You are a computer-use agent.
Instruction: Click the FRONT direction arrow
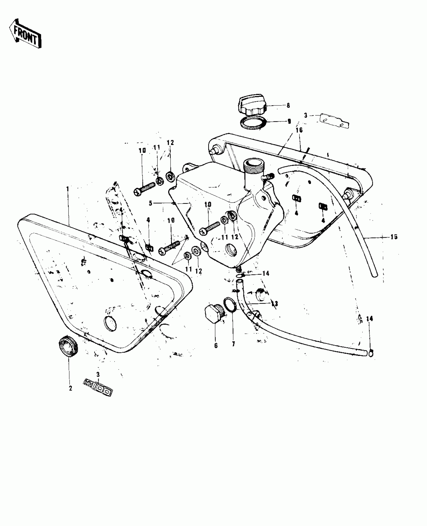[x=25, y=34]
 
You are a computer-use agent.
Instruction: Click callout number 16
[x=299, y=130]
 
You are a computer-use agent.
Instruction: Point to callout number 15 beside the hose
[x=394, y=237]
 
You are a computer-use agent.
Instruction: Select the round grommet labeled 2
[x=68, y=346]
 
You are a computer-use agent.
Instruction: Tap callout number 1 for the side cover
[x=67, y=188]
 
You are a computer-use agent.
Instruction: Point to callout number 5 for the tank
[x=150, y=203]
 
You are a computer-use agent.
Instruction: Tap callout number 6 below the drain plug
[x=216, y=346]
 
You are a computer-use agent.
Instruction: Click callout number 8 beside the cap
[x=288, y=106]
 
